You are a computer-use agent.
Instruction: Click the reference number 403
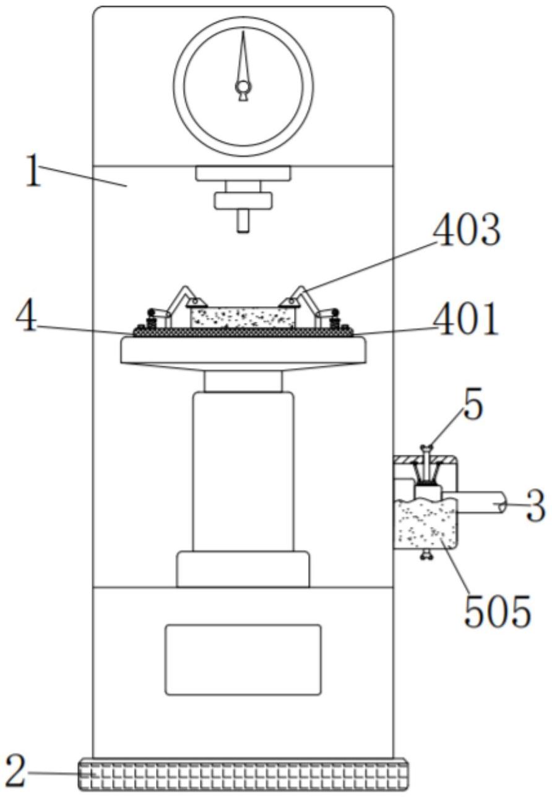[466, 232]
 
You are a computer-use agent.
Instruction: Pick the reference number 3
[536, 506]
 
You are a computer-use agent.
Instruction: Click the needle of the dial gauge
[243, 59]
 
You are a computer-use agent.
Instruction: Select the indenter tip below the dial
[243, 221]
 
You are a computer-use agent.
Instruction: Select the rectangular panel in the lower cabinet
[243, 659]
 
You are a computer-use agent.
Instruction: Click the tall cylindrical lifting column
[243, 470]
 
